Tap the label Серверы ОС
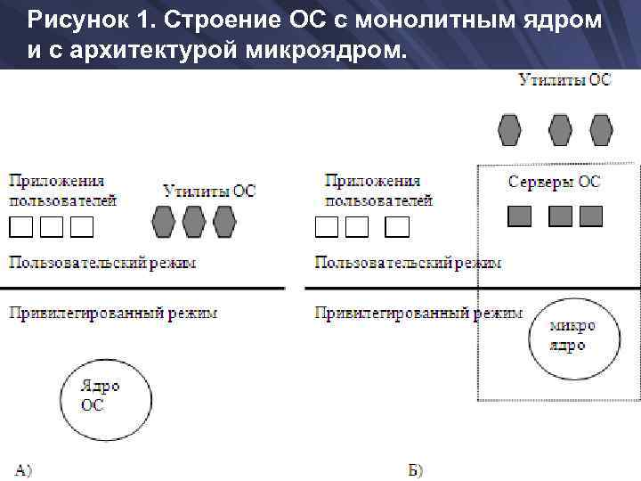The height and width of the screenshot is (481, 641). coord(554,183)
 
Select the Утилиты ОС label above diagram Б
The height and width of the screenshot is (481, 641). coord(565,80)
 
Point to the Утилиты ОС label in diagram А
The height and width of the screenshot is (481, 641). coord(209,191)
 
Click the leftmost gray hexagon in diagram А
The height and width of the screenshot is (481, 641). coord(164,222)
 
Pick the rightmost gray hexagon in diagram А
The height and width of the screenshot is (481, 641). coord(223,222)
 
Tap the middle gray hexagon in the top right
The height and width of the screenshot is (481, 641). coord(560,129)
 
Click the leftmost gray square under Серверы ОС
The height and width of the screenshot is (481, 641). coord(520,216)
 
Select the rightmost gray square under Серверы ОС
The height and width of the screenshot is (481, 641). coord(591,216)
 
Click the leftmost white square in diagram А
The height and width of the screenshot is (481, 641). coord(21,227)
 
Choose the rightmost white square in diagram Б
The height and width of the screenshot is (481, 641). coord(397,227)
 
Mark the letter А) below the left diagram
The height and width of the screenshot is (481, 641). coord(23,469)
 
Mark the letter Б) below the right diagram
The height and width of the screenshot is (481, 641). coord(415,469)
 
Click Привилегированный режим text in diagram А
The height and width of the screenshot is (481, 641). coord(113,314)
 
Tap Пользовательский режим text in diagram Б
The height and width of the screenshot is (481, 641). coord(408,263)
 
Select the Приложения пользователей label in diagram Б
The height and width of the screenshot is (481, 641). coord(378,191)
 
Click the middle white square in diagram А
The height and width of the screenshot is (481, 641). coord(52,227)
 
